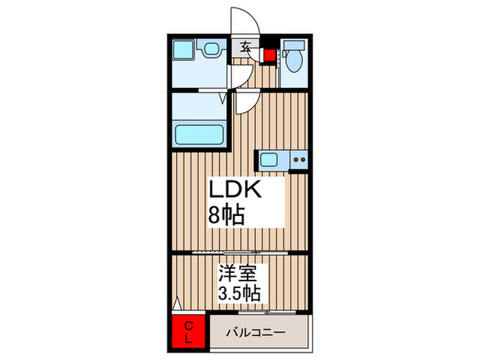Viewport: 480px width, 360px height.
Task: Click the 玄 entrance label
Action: pyautogui.click(x=245, y=48)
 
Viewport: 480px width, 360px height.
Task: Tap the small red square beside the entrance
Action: pyautogui.click(x=269, y=56)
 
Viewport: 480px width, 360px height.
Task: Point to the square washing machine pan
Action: pyautogui.click(x=184, y=50)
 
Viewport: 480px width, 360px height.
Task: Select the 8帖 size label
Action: pyautogui.click(x=227, y=217)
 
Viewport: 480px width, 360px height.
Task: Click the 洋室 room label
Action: pyautogui.click(x=238, y=273)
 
